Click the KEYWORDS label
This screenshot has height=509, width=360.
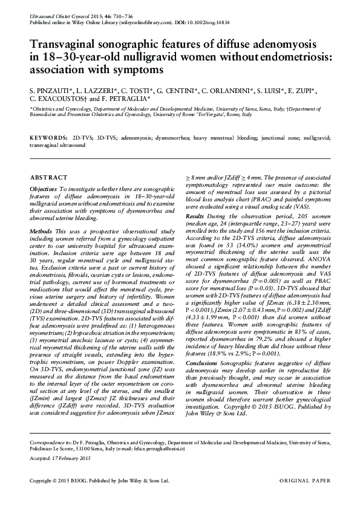point(48,138)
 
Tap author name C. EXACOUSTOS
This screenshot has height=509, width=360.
point(60,97)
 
